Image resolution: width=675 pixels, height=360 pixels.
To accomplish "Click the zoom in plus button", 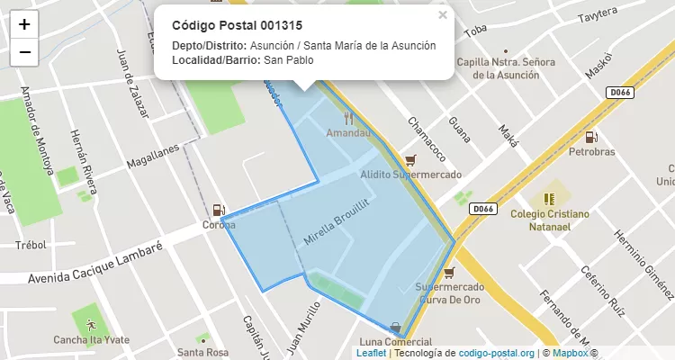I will click(24, 24).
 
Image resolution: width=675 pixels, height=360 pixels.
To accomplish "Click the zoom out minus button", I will click(24, 52).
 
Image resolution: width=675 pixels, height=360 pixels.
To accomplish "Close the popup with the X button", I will click(442, 15).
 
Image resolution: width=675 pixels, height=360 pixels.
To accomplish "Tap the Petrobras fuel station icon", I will click(591, 138).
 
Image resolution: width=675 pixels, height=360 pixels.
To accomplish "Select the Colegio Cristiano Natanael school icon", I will click(549, 197).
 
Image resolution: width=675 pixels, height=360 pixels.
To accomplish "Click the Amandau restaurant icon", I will click(348, 118).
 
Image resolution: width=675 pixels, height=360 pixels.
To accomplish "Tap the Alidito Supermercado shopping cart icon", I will click(411, 159).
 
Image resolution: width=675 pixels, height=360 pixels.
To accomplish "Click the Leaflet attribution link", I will click(371, 354).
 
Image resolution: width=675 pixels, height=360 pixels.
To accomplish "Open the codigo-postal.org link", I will click(497, 354).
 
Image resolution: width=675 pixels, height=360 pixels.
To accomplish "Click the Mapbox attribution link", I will click(571, 354).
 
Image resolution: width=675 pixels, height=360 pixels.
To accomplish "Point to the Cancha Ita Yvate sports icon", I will click(90, 322).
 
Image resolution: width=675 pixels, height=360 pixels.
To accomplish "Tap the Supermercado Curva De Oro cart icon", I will click(449, 272).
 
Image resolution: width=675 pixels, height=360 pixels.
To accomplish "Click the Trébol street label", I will click(31, 245).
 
